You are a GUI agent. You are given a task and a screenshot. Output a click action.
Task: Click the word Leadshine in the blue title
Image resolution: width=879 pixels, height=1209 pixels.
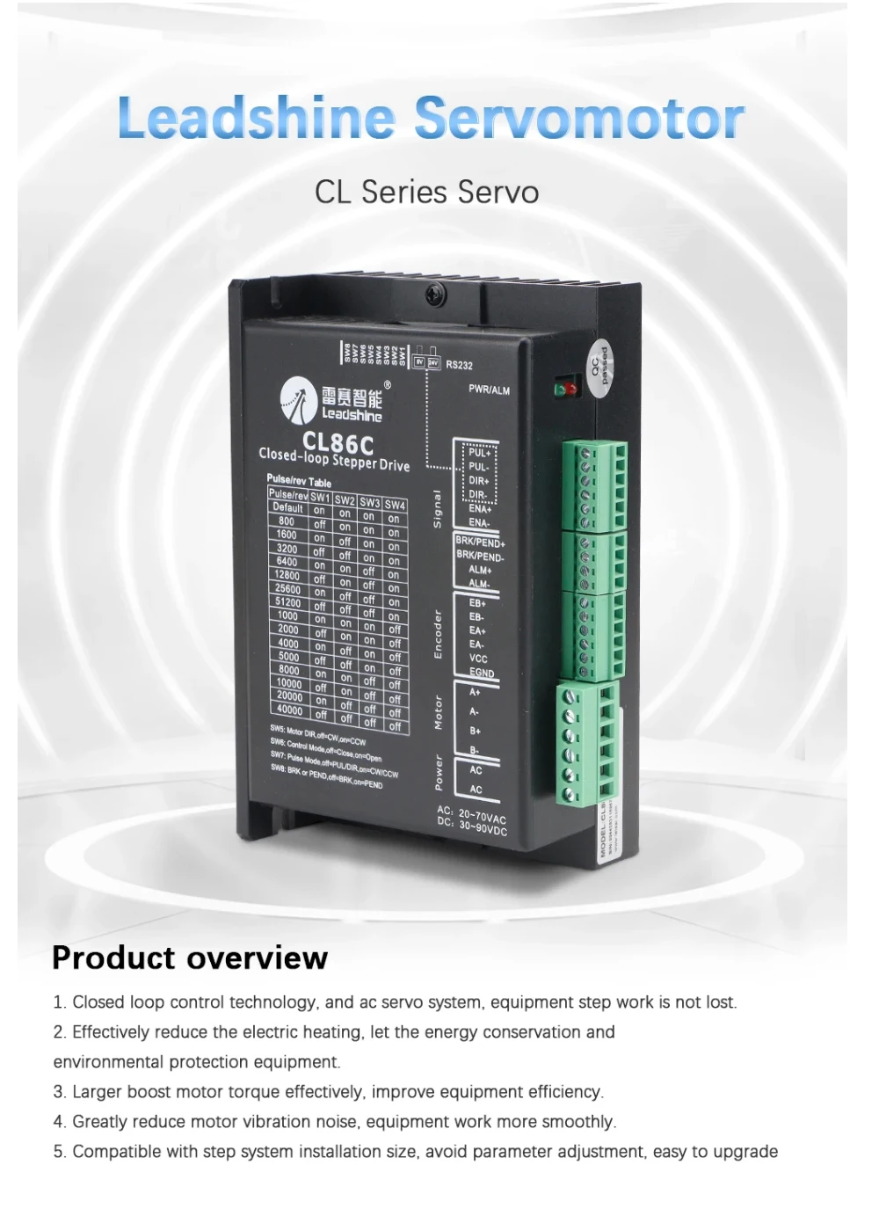tap(257, 119)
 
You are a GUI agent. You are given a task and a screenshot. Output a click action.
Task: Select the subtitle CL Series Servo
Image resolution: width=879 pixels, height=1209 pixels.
tap(426, 192)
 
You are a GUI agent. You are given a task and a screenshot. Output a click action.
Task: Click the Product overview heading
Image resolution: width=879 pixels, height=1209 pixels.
tap(190, 958)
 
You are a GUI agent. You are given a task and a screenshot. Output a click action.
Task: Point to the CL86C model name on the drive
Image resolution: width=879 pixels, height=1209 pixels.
tap(338, 441)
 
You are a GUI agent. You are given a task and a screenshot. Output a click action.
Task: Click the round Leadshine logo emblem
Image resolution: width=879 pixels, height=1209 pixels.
tap(298, 400)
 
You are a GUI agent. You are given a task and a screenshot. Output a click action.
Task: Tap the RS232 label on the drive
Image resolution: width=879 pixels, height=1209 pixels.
tap(459, 365)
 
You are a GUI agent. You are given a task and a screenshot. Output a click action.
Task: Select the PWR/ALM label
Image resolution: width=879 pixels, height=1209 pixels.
tap(489, 390)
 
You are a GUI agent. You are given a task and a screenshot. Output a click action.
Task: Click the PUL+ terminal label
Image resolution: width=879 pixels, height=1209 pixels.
tap(479, 453)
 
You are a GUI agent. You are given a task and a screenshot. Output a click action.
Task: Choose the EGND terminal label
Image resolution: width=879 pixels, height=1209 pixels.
tap(481, 673)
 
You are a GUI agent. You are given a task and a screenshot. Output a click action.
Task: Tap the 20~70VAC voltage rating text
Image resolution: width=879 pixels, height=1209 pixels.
tap(483, 817)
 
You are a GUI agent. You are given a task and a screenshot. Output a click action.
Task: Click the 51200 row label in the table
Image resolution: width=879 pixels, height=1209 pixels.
tap(287, 602)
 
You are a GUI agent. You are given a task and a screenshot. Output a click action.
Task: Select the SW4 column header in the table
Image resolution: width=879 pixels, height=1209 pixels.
tap(395, 505)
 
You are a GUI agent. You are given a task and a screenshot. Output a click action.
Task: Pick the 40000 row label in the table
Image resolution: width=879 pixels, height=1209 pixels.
tap(289, 710)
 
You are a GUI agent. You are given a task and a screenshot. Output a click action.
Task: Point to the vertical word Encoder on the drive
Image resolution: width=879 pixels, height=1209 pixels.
tap(438, 633)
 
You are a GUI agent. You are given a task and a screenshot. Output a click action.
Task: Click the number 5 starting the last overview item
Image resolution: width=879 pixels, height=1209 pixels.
tap(58, 1152)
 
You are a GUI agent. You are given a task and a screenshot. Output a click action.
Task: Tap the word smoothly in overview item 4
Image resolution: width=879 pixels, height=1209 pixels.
tap(579, 1122)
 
